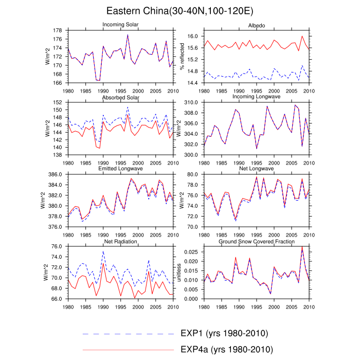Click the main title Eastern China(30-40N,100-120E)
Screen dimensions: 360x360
[180, 11]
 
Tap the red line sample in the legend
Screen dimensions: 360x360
[129, 350]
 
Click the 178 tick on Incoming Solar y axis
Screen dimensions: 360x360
[59, 30]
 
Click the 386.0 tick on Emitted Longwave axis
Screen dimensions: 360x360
[55, 175]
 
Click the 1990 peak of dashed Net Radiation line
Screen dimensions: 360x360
[103, 251]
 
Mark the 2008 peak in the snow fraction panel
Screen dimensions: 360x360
[302, 248]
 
